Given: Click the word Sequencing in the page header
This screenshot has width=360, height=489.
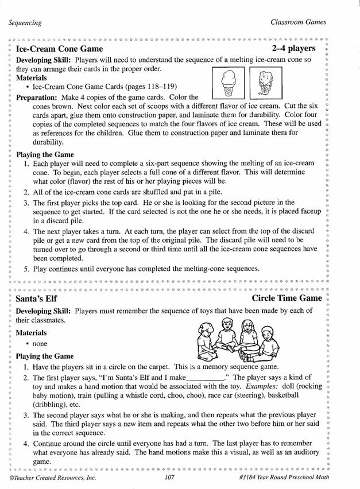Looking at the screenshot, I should click(25, 23).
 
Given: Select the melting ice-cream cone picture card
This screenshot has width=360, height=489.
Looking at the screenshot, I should click(262, 83).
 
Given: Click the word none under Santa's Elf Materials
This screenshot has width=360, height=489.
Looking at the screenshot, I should click(40, 344).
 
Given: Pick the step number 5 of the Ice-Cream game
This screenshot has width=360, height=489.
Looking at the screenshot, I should click(26, 269).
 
